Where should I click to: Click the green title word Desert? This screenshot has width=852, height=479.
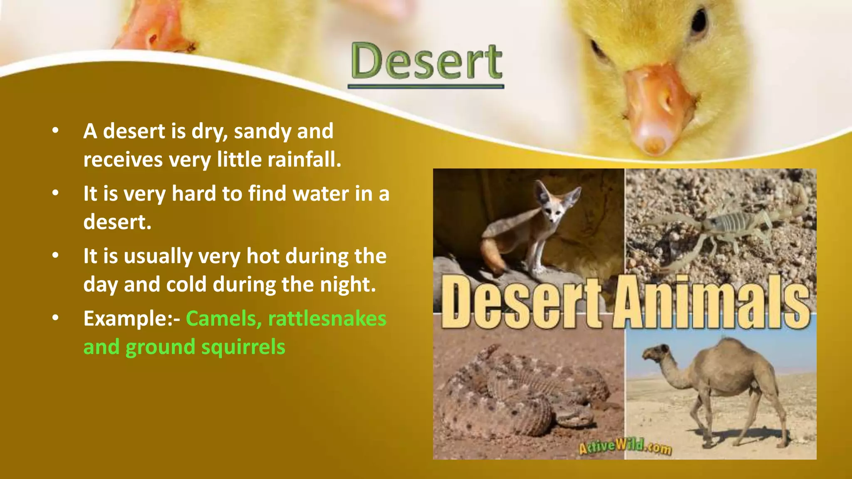pos(426,62)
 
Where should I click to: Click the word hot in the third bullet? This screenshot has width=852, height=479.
pos(263,256)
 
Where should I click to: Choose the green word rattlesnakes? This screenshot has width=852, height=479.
pos(327,319)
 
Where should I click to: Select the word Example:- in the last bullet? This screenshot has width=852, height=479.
pos(131,319)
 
